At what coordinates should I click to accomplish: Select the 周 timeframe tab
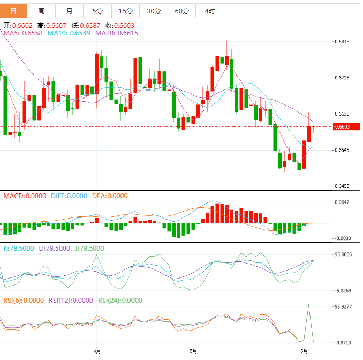[x=41, y=11]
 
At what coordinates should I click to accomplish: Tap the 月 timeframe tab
[x=70, y=11]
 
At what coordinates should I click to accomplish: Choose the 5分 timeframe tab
[x=97, y=11]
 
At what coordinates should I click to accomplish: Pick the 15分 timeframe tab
[x=125, y=11]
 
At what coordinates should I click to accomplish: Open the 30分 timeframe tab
[x=153, y=11]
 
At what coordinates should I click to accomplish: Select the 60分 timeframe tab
[x=182, y=11]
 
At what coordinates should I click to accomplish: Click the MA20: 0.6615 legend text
[x=116, y=33]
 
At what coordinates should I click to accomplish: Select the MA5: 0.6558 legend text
[x=23, y=33]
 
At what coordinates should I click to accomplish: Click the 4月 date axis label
[x=96, y=351]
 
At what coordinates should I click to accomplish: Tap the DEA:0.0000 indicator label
[x=109, y=196]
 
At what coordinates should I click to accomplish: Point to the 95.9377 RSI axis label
[x=344, y=307]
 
